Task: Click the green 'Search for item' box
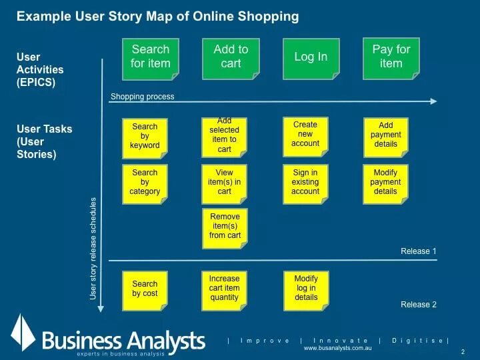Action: [151, 57]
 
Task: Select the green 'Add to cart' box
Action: [231, 57]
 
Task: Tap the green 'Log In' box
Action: [311, 57]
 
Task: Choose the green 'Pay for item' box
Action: [391, 57]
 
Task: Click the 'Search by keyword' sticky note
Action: [145, 136]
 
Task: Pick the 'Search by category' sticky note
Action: [145, 182]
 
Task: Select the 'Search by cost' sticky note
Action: [145, 289]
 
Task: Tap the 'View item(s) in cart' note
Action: [225, 182]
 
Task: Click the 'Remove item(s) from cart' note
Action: [225, 227]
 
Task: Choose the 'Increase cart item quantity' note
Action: [225, 289]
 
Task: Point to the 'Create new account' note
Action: [305, 134]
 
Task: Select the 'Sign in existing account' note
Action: [305, 182]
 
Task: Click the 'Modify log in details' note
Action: [306, 288]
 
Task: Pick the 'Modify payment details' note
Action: [386, 182]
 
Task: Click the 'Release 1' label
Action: [419, 251]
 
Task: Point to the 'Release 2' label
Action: [419, 305]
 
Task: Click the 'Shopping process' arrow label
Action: [143, 97]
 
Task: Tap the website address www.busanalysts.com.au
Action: [337, 349]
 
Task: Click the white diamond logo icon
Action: [23, 333]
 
